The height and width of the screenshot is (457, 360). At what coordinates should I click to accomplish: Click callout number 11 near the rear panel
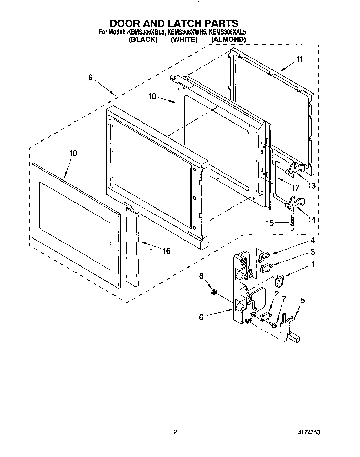click(x=299, y=59)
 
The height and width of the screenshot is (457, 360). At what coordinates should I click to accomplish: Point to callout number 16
click(x=166, y=251)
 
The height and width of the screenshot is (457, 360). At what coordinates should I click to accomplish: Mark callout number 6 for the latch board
click(x=201, y=317)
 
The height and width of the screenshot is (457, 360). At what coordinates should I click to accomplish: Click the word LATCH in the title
click(x=185, y=23)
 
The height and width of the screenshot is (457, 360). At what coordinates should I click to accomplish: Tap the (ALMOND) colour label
click(x=228, y=40)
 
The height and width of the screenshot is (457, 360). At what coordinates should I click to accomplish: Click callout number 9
click(x=90, y=77)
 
